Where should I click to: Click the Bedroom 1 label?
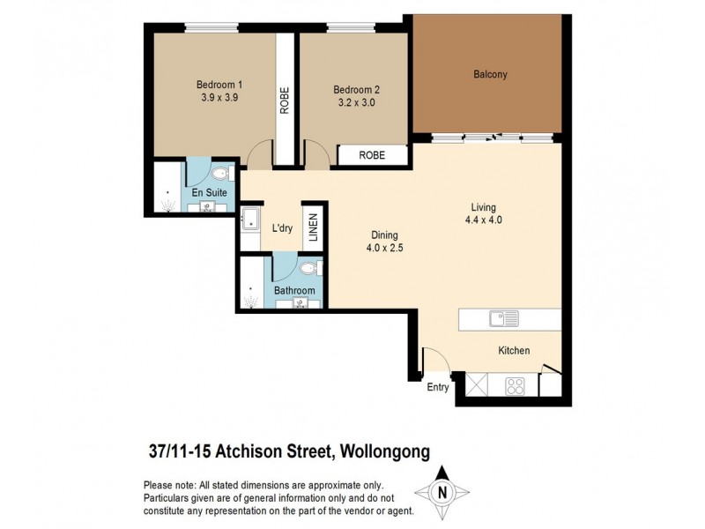coord(219,85)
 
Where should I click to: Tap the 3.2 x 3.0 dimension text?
coord(355,102)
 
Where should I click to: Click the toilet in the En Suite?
coord(220,174)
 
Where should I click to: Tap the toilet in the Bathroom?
coord(308,267)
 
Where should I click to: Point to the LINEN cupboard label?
coord(311,227)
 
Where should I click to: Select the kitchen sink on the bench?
coord(504,317)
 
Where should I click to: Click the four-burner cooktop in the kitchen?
coord(515,385)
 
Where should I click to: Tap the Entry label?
coord(438,387)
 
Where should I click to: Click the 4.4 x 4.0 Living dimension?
coord(486,220)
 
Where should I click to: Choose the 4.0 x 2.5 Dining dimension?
coord(384,248)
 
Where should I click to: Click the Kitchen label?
coord(514,350)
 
